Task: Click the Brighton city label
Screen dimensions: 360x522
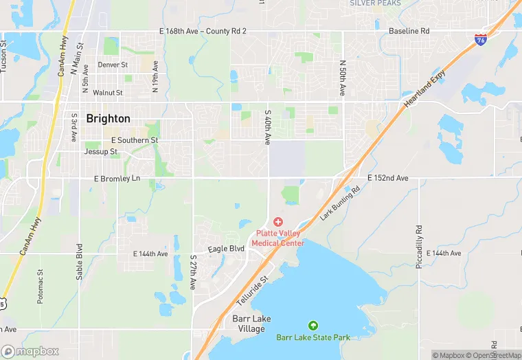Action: (108, 118)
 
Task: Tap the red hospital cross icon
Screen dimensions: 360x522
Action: (277, 221)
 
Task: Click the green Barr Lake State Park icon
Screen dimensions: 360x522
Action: (313, 325)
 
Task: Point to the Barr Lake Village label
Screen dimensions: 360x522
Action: (248, 324)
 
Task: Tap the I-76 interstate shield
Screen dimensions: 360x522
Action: (481, 40)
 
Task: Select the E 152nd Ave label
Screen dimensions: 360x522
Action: (388, 178)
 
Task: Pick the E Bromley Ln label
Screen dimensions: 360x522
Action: (117, 178)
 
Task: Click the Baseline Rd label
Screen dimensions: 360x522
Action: (409, 31)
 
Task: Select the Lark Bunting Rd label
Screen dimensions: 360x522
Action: (340, 203)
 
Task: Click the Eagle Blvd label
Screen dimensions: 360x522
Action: (227, 248)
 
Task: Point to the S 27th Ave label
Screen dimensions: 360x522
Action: (193, 273)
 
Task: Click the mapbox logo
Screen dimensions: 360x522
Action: (30, 351)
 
